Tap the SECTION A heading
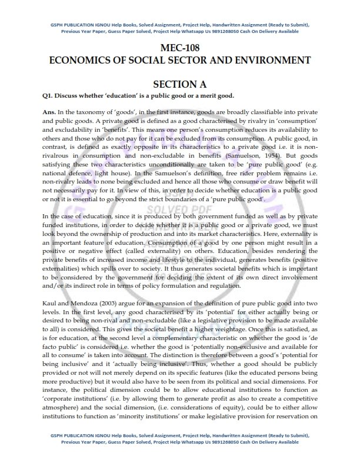(179, 84)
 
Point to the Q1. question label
(49, 95)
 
